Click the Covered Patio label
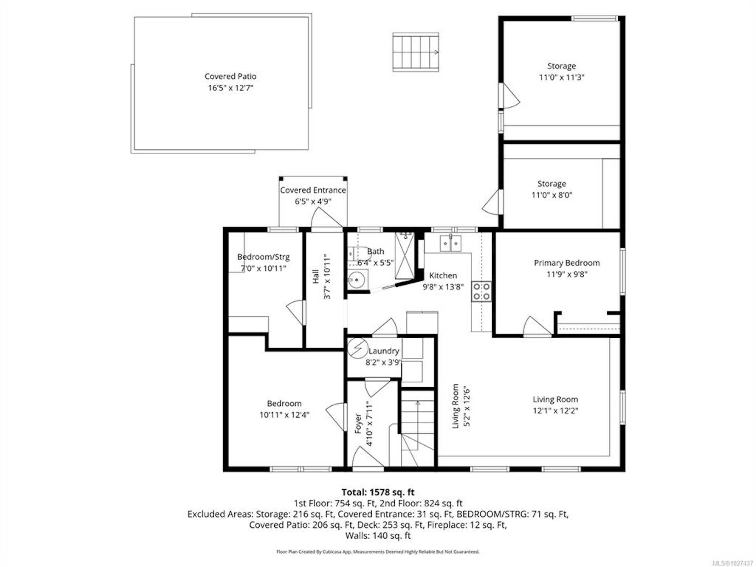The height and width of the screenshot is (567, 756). coord(230,77)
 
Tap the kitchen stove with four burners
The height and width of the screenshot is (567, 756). coord(482,291)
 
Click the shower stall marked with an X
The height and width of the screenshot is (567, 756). coord(404,256)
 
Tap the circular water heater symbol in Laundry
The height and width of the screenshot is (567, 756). coord(358,348)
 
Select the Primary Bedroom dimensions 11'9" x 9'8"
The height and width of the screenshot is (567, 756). coord(567,274)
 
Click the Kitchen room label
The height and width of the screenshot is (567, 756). coord(443,276)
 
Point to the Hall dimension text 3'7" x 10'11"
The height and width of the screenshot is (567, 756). coord(327,276)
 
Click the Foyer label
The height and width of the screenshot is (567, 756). coord(358,424)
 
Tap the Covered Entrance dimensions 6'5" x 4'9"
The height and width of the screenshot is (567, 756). coord(313,201)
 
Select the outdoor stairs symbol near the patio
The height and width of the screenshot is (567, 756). coord(415,52)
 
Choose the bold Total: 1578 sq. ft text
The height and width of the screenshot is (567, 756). coord(378,492)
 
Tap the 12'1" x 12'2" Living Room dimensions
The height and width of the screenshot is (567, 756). coord(555,410)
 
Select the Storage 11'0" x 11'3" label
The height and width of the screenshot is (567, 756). coord(562,72)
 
